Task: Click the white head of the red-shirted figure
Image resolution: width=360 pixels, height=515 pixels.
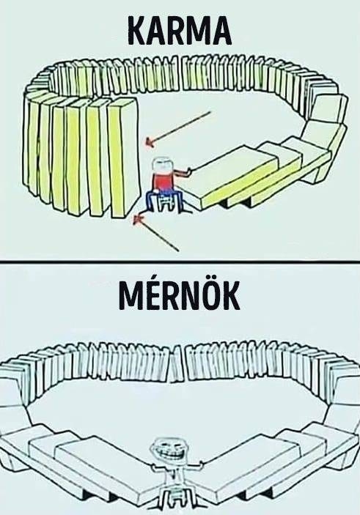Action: click(x=164, y=165)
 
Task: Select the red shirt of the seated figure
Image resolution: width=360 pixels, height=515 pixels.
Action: click(x=164, y=182)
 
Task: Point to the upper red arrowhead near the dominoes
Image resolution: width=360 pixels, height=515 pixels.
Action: click(x=150, y=142)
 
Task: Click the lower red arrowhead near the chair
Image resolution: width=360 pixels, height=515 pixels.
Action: click(x=138, y=218)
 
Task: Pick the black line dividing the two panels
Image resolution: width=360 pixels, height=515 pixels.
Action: click(x=180, y=262)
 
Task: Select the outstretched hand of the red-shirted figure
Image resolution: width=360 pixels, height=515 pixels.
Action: click(x=188, y=171)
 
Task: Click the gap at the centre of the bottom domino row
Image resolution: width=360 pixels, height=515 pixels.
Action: click(x=178, y=365)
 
